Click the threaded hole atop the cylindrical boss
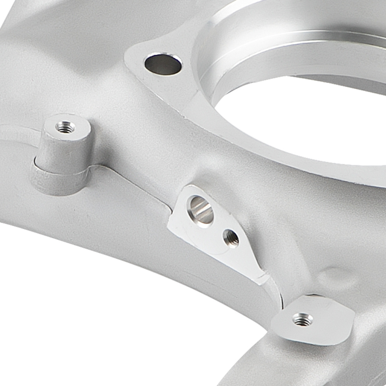click(x=65, y=127)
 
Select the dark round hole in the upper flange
click(x=163, y=64)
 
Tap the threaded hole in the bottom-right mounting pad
click(x=303, y=319)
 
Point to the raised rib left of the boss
click(x=15, y=133)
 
